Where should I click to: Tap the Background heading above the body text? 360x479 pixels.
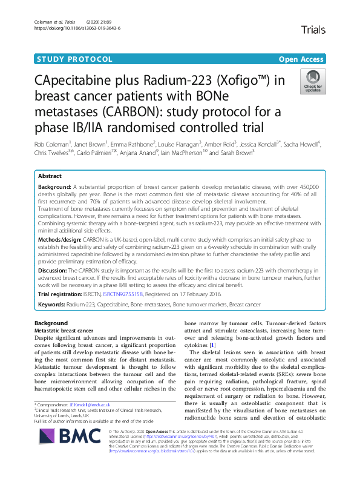coord(51,323)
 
